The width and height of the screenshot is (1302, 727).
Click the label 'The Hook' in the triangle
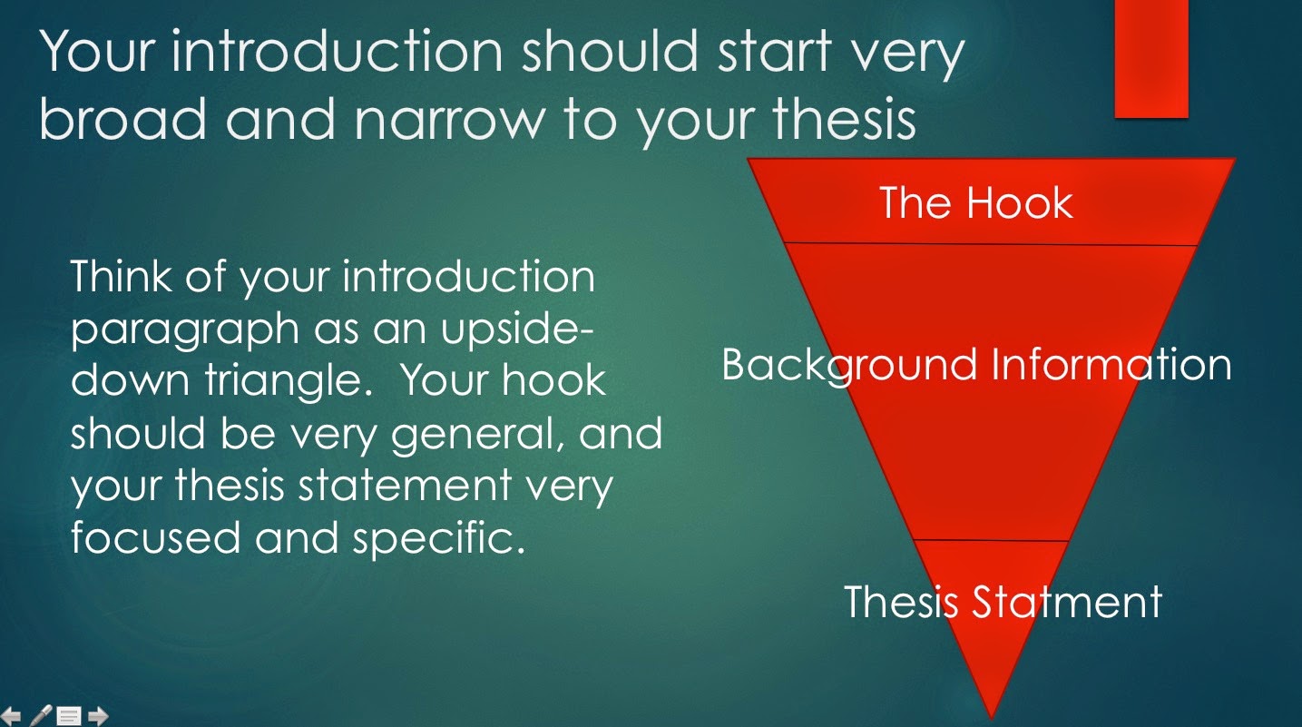click(976, 202)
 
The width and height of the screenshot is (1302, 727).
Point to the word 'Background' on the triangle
click(847, 365)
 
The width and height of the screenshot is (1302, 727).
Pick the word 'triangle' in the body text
click(299, 381)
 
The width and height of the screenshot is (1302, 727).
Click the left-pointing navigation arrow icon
click(12, 716)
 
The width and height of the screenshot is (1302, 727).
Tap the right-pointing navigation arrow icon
click(98, 716)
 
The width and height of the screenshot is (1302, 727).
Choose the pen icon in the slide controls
click(41, 716)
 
